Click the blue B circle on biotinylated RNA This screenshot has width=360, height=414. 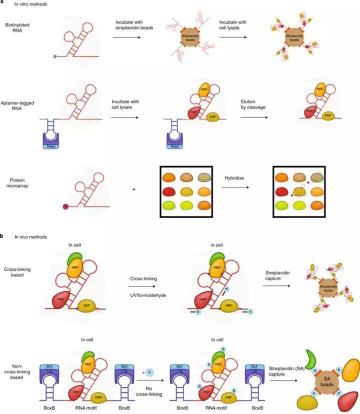pos(54,56)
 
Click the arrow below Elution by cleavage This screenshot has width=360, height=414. pos(259,118)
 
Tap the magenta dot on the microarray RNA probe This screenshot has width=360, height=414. pos(64,205)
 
